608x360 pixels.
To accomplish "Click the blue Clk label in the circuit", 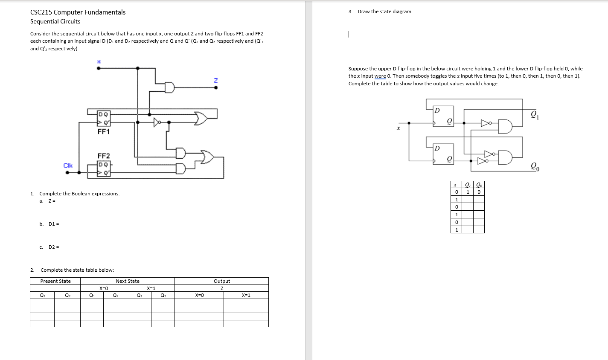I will [68, 165].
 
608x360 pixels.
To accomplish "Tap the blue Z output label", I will [215, 80].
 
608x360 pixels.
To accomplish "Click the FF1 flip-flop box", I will [104, 118].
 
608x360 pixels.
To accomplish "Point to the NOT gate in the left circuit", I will [158, 122].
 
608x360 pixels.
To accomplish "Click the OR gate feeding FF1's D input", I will [201, 118].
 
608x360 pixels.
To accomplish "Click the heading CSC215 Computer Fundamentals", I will [78, 12].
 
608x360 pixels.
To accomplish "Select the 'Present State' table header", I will [55, 281].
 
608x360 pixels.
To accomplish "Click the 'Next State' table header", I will [128, 281].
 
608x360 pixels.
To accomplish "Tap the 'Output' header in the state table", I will [221, 281].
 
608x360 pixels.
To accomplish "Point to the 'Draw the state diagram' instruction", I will [384, 12].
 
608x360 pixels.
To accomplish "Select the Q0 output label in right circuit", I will [535, 166].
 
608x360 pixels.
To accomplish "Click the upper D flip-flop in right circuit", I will [443, 116].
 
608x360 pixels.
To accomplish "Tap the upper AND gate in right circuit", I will [505, 127].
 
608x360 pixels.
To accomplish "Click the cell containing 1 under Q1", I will [468, 192].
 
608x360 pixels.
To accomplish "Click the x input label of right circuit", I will [399, 128].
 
